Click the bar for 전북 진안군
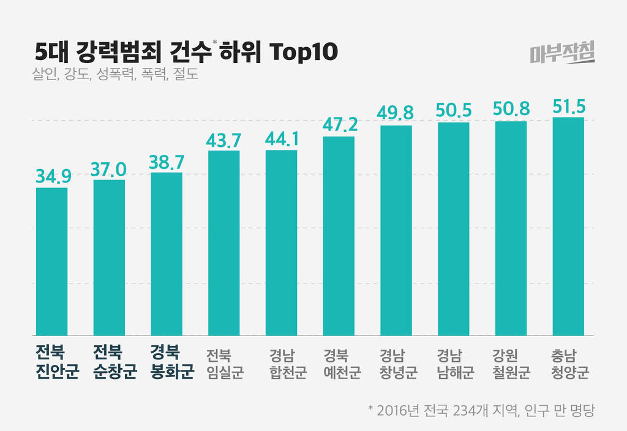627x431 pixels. click(51, 261)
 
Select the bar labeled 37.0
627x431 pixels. click(109, 257)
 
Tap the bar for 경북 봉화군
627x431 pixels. click(167, 253)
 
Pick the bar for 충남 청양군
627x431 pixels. click(568, 226)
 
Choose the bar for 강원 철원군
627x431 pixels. click(511, 228)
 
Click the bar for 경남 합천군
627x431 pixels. click(281, 242)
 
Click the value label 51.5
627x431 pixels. click(568, 105)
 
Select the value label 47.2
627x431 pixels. click(339, 125)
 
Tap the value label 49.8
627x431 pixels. click(396, 113)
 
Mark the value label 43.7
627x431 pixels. click(224, 140)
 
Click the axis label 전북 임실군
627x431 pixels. click(224, 364)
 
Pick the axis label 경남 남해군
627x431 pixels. click(454, 364)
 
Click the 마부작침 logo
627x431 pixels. click(561, 54)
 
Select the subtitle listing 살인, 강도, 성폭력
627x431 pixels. click(116, 77)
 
